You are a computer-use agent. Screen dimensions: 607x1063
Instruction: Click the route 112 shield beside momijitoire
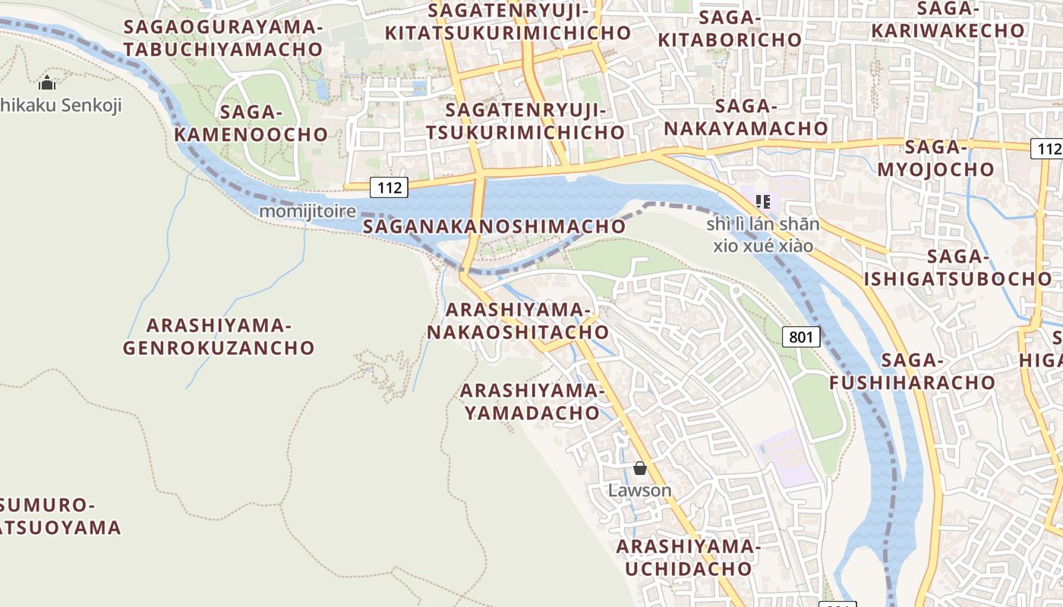tap(389, 187)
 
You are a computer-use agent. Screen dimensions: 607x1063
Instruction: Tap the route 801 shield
tap(801, 336)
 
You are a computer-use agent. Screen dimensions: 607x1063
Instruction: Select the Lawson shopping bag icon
tap(640, 468)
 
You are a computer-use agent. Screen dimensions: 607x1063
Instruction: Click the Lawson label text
tap(640, 490)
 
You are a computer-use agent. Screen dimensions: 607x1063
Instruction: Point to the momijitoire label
tap(308, 211)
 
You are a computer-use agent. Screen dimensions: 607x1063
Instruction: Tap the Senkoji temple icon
tap(47, 83)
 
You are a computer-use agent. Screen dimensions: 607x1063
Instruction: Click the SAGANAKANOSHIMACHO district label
tap(494, 226)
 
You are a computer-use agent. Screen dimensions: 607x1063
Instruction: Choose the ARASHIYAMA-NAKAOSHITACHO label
tap(518, 321)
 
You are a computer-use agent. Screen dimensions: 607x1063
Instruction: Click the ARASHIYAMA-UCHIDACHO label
tap(688, 558)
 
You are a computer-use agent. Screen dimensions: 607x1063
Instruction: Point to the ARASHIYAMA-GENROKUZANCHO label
tap(219, 337)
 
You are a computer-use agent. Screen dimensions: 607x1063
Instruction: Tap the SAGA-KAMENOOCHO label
tap(251, 124)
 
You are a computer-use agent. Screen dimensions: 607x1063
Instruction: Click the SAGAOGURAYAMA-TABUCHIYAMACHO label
tap(223, 38)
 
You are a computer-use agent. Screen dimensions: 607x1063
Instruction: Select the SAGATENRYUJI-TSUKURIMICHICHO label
tap(525, 121)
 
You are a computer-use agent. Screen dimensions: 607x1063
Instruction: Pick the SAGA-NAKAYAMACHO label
tap(746, 117)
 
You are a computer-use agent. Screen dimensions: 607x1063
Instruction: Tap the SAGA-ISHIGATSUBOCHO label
tap(958, 268)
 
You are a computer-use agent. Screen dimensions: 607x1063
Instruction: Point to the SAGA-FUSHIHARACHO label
tap(912, 371)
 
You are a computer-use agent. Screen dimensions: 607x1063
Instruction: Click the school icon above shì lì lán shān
tap(764, 202)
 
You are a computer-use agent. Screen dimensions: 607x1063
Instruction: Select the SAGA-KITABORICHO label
tap(730, 29)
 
